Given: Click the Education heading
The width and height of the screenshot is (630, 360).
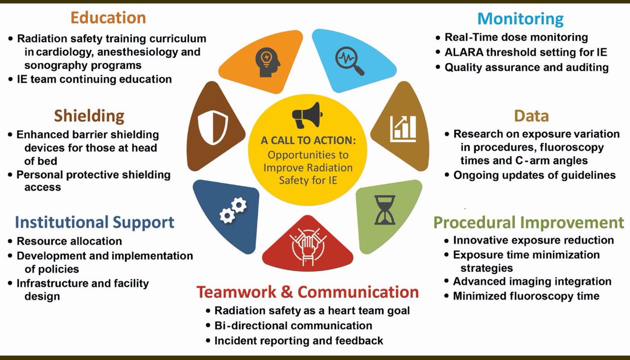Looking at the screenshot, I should [108, 17].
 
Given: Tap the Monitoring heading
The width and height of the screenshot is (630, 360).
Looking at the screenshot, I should [520, 19].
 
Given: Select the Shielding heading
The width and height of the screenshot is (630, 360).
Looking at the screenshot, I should [89, 115].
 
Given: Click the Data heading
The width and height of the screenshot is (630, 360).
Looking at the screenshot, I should [531, 115].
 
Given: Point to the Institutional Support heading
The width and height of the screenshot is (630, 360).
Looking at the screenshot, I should [94, 222].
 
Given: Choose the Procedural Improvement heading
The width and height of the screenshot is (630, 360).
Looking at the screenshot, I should [529, 222].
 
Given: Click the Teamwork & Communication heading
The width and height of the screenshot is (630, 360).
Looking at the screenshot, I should [308, 292].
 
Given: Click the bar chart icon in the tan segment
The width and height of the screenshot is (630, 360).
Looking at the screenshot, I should [403, 128].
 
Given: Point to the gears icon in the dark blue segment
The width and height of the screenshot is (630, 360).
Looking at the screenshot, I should [233, 210].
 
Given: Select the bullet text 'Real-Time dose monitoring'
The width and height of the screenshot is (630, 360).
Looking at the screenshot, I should [516, 37].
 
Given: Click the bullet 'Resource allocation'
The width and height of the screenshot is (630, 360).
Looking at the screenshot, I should [69, 241].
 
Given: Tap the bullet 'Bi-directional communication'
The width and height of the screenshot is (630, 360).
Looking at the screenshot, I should [293, 325].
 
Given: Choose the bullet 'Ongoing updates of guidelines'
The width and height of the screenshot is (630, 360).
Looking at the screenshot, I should [534, 175].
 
